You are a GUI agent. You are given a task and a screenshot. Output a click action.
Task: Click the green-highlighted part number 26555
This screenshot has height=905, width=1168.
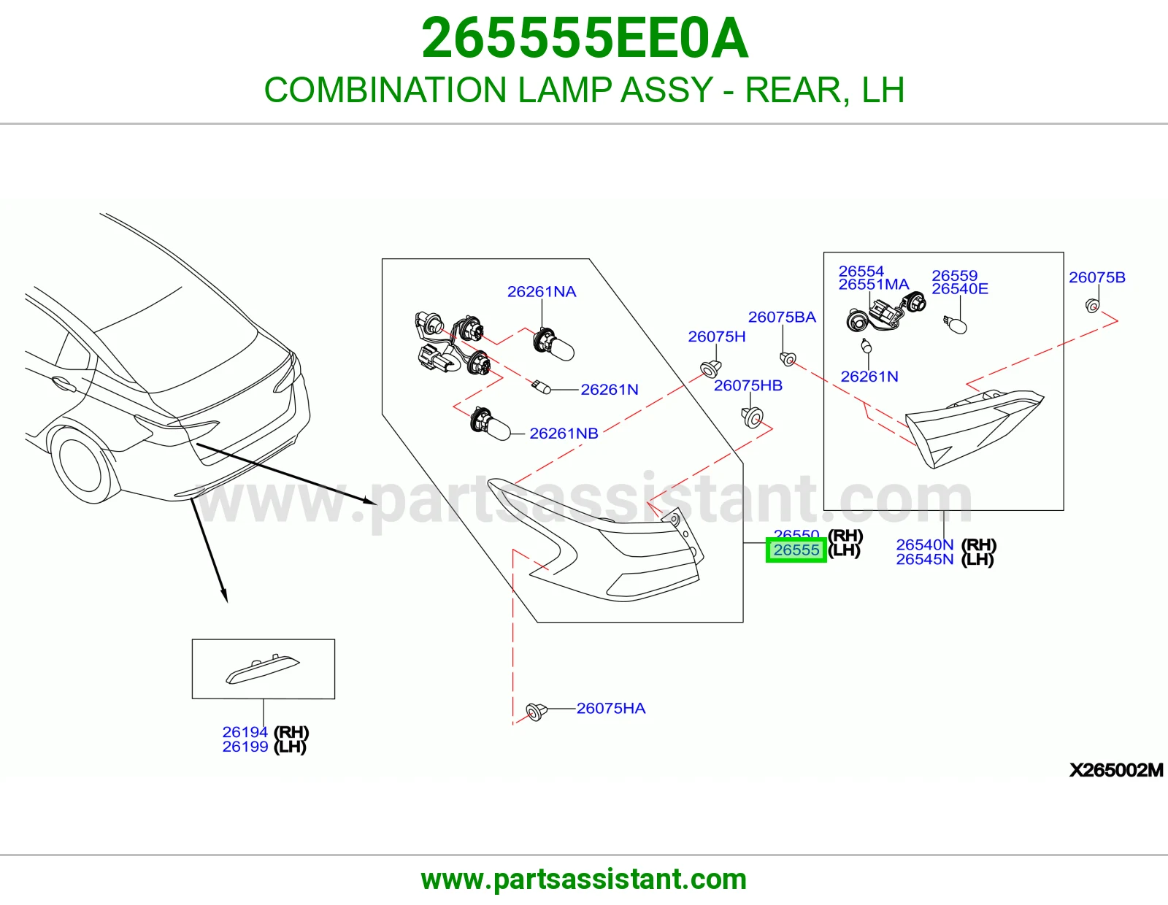pyautogui.click(x=796, y=550)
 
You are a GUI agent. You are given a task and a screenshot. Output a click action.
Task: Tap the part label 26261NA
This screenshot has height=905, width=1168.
pyautogui.click(x=541, y=291)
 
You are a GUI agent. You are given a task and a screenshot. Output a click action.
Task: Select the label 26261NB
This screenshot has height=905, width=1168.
pyautogui.click(x=564, y=433)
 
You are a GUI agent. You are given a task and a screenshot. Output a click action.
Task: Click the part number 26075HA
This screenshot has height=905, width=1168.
pyautogui.click(x=610, y=708)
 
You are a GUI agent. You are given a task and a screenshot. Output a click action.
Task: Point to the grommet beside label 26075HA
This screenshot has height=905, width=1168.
pyautogui.click(x=536, y=712)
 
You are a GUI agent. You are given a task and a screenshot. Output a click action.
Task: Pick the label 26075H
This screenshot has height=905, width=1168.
pyautogui.click(x=717, y=336)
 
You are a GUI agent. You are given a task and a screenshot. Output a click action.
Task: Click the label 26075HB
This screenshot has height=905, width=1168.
pyautogui.click(x=748, y=385)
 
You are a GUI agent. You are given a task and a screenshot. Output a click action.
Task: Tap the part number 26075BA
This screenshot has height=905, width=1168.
pyautogui.click(x=782, y=317)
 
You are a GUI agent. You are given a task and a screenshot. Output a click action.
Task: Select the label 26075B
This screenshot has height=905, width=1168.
pyautogui.click(x=1096, y=277)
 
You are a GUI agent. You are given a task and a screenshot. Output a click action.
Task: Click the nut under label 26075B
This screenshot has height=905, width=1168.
pyautogui.click(x=1092, y=307)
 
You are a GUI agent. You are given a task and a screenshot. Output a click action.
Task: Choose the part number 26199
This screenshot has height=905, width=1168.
pyautogui.click(x=245, y=747)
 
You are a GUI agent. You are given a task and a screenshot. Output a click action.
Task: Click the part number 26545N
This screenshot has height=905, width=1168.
pyautogui.click(x=924, y=560)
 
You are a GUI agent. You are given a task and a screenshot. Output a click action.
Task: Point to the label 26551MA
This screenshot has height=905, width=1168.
pyautogui.click(x=874, y=285)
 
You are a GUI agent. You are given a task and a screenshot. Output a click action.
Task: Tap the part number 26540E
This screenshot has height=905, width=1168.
pyautogui.click(x=959, y=288)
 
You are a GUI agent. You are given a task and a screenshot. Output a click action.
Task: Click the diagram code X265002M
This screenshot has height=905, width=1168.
pyautogui.click(x=1116, y=770)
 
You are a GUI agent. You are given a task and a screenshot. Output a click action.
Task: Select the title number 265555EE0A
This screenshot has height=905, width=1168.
pyautogui.click(x=584, y=38)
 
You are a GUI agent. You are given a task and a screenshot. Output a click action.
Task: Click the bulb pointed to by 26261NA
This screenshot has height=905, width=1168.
pyautogui.click(x=553, y=344)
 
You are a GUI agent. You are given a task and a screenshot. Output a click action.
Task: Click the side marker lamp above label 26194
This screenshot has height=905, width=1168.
pyautogui.click(x=262, y=669)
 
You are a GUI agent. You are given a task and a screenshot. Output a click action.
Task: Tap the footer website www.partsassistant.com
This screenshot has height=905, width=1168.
pyautogui.click(x=584, y=879)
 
